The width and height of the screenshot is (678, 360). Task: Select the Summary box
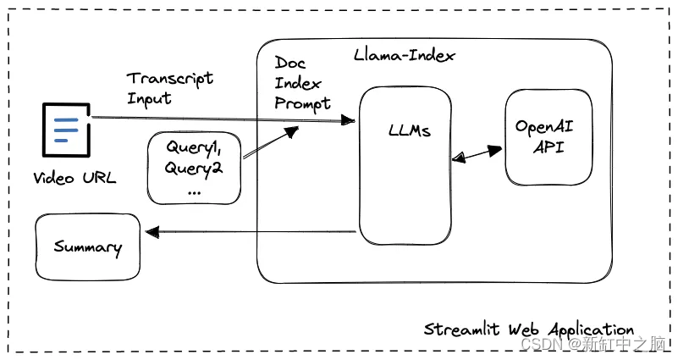87,247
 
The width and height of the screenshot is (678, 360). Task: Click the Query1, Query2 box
194,167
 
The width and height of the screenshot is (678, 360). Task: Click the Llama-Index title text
405,56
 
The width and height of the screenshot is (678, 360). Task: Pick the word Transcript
170,79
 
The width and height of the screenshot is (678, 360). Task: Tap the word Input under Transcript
149,98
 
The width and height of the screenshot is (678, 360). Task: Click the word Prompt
302,103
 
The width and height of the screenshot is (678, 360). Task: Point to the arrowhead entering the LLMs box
347,122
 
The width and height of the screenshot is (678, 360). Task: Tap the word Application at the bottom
592,330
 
